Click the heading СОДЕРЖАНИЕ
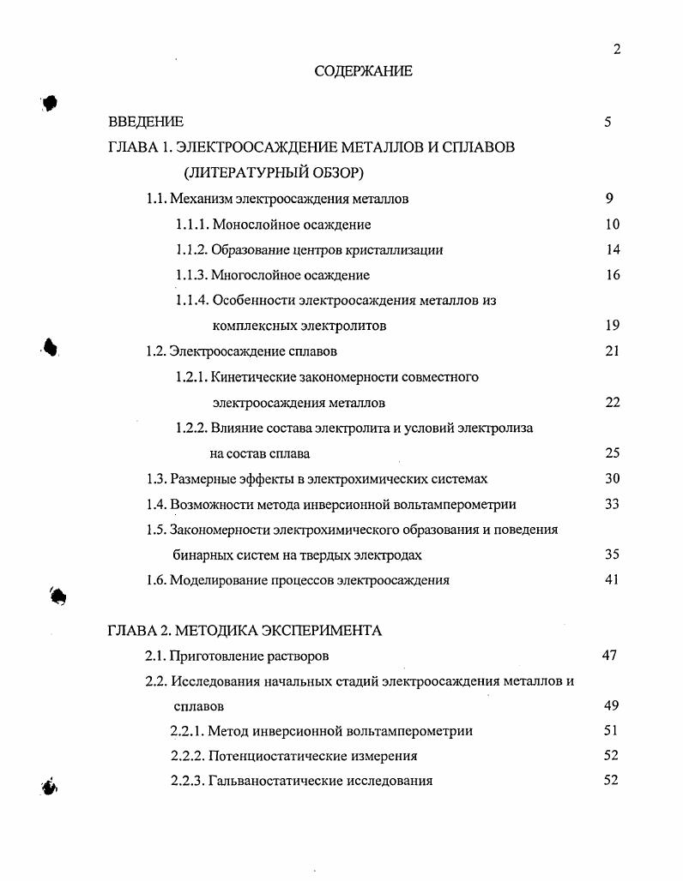point(363,71)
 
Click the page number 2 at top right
point(616,49)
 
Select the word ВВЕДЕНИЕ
point(145,122)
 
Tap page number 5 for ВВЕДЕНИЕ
point(607,122)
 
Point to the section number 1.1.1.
point(192,225)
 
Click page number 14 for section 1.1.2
point(612,250)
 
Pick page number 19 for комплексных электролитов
point(612,326)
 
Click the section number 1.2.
point(155,351)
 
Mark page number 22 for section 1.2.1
point(612,402)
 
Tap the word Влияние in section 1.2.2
point(238,428)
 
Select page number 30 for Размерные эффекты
point(612,478)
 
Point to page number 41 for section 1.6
point(612,579)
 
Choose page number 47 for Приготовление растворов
point(609,656)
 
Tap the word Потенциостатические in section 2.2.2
point(277,756)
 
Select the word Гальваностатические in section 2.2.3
point(275,781)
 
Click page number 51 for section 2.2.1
point(610,731)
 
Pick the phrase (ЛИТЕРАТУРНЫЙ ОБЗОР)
point(274,173)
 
